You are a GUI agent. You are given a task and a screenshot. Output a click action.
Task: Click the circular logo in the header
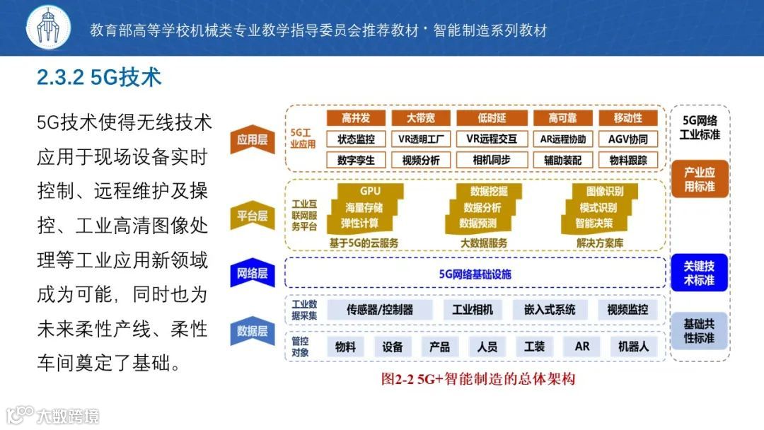point(49,28)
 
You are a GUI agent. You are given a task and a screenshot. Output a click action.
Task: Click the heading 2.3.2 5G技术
point(99,77)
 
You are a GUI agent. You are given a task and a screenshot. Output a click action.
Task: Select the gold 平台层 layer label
point(253,216)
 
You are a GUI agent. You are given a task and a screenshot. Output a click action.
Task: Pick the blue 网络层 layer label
point(253,273)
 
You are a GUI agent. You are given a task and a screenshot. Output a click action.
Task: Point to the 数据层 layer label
point(253,330)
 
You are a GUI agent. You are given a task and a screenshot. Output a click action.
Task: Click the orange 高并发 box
point(356,118)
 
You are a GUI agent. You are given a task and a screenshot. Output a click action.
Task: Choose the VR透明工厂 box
point(421,139)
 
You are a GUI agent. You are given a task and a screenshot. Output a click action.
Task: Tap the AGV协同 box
point(627,139)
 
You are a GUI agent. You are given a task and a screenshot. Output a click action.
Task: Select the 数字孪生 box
point(356,160)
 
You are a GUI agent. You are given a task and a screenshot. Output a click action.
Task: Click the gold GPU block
point(370,191)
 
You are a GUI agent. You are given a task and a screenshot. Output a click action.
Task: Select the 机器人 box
point(633,347)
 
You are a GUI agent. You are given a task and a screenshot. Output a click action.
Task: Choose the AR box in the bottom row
point(582,347)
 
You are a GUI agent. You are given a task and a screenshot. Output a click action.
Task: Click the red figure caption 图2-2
point(478,379)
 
